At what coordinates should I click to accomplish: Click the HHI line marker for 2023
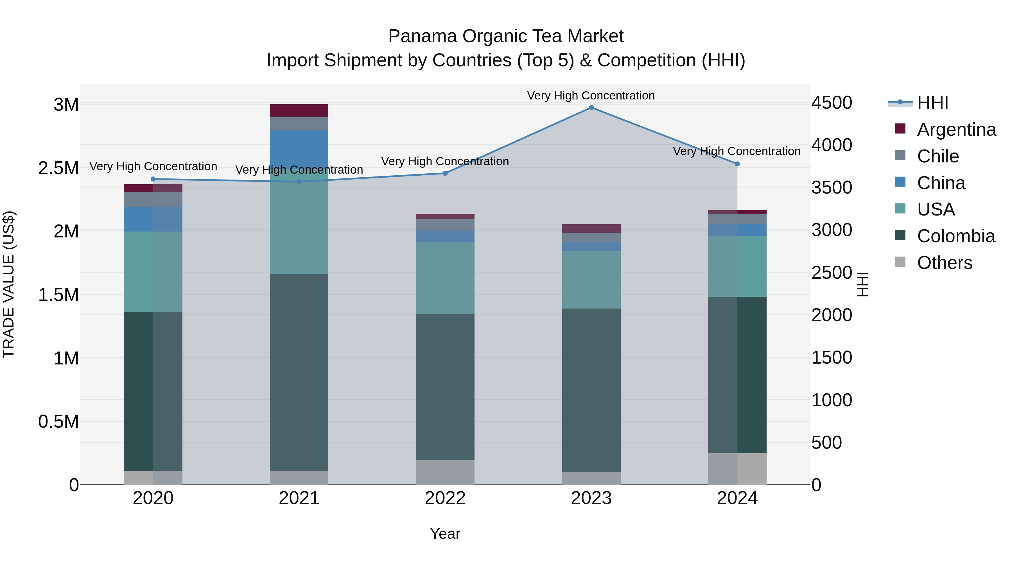click(x=591, y=108)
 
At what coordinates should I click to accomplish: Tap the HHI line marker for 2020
click(x=153, y=179)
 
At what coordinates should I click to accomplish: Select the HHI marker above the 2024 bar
click(x=737, y=164)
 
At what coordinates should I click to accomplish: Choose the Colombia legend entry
click(x=955, y=236)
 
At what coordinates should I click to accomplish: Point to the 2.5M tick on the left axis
click(x=58, y=168)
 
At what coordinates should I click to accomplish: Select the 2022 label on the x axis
click(x=445, y=498)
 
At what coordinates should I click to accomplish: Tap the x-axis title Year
click(x=445, y=534)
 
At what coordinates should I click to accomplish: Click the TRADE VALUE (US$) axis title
click(x=9, y=284)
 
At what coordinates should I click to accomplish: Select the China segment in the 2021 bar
click(x=299, y=149)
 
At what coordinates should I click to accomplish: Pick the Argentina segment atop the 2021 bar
click(x=299, y=110)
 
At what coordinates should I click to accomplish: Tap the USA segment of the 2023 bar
click(x=591, y=280)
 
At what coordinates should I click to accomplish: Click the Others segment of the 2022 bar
click(x=445, y=472)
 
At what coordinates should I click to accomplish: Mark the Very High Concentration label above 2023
click(x=591, y=96)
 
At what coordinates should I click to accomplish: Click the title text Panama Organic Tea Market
click(x=506, y=36)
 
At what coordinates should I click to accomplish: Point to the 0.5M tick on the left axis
click(x=58, y=422)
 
